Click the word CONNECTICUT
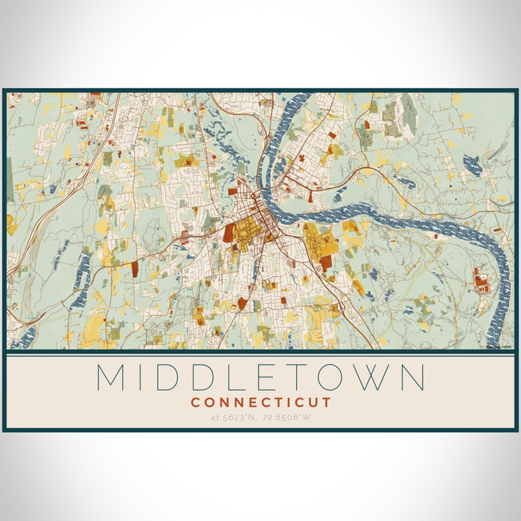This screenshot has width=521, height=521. coord(260,402)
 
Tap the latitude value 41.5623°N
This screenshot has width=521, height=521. coord(232,417)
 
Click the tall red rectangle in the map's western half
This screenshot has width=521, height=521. coord(135,268)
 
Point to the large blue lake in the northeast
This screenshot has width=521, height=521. coord(472,164)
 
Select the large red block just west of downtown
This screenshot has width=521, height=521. coord(229,232)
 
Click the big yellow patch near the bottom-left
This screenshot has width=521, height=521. coord(95,327)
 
